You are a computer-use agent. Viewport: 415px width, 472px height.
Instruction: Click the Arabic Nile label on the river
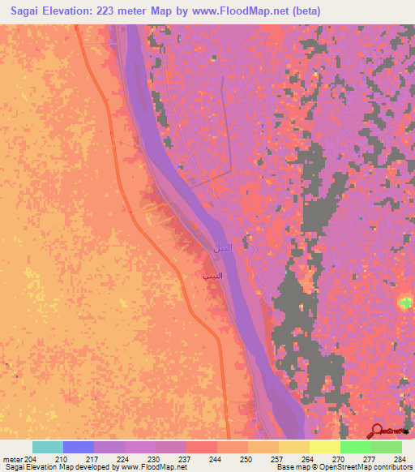click(x=222, y=247)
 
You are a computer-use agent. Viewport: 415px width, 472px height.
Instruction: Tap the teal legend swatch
click(x=48, y=447)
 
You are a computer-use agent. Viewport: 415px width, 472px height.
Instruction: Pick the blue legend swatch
click(x=79, y=447)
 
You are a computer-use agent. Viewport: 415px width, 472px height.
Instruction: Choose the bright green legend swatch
click(x=356, y=447)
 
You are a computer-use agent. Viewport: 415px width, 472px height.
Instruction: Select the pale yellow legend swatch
click(x=325, y=447)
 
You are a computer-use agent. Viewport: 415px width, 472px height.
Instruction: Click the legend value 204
click(x=32, y=459)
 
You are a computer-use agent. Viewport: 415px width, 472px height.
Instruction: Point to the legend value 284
click(x=401, y=459)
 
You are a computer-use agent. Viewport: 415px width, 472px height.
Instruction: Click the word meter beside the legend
click(x=12, y=459)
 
